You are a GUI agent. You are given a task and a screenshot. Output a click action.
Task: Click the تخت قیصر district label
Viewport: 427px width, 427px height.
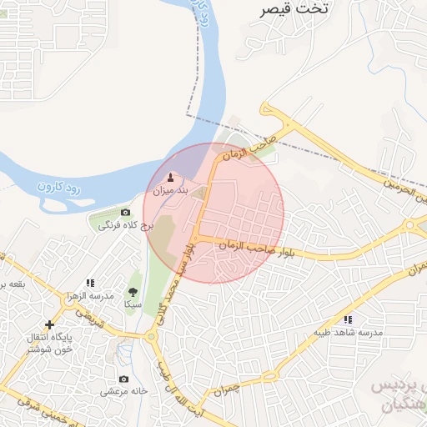[294, 9]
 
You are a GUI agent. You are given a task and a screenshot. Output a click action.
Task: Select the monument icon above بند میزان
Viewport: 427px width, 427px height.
[172, 177]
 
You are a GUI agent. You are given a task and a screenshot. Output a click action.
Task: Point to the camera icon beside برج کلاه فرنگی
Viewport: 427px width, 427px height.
[126, 213]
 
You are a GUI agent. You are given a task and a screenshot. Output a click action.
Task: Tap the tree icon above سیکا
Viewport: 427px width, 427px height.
[133, 292]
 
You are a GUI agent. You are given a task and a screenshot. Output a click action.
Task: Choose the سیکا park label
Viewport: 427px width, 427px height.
[133, 305]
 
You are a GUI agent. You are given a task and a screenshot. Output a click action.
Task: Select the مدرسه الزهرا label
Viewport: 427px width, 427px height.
[89, 297]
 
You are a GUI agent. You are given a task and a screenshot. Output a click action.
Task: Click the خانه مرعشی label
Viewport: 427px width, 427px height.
[124, 390]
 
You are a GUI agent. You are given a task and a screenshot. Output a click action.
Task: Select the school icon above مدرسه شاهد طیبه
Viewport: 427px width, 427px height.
[348, 319]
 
